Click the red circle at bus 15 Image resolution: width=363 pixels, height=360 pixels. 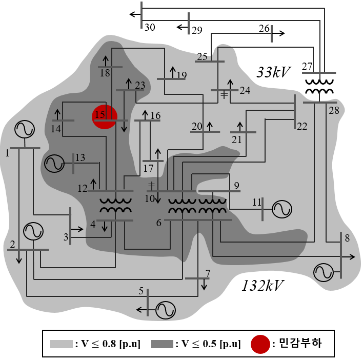pyautogui.click(x=105, y=117)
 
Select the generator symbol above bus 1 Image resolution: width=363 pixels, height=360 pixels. pyautogui.click(x=25, y=129)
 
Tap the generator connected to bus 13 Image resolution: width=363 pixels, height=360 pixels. pyautogui.click(x=54, y=163)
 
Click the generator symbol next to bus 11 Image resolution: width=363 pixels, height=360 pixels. pyautogui.click(x=282, y=209)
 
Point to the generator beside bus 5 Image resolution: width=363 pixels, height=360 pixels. pyautogui.click(x=166, y=310)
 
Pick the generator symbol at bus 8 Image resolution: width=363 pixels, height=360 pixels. pyautogui.click(x=324, y=272)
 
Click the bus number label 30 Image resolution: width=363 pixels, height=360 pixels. pyautogui.click(x=150, y=27)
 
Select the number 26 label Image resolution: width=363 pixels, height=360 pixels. pyautogui.click(x=264, y=29)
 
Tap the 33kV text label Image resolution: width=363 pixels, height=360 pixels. pyautogui.click(x=273, y=72)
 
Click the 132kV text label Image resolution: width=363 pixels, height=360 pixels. pyautogui.click(x=263, y=286)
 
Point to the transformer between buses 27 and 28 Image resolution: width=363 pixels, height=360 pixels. pyautogui.click(x=319, y=87)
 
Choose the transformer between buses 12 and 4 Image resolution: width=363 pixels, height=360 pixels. pyautogui.click(x=115, y=206)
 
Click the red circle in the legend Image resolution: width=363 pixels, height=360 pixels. pyautogui.click(x=260, y=344)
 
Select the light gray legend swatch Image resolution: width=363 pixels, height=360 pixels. pyautogui.click(x=62, y=344)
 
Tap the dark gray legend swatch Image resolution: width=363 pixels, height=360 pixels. pyautogui.click(x=162, y=344)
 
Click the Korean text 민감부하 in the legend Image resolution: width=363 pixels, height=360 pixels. pyautogui.click(x=300, y=343)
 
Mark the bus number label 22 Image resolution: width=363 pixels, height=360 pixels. pyautogui.click(x=302, y=126)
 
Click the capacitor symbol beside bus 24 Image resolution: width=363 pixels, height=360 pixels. pyautogui.click(x=224, y=95)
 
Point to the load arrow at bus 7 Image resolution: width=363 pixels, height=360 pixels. pyautogui.click(x=204, y=284)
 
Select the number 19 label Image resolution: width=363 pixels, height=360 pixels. pyautogui.click(x=181, y=75)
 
